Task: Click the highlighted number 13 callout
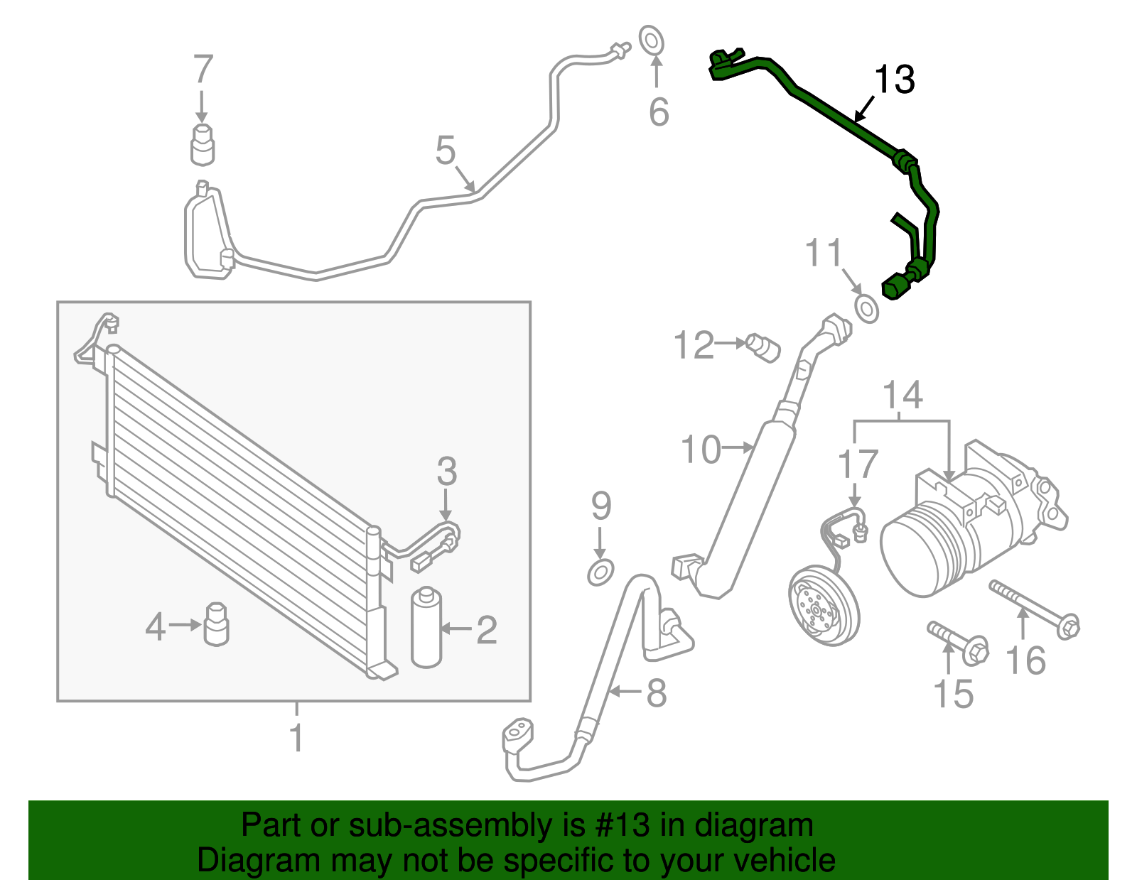click(894, 80)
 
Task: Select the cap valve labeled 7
click(203, 143)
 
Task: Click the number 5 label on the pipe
click(446, 151)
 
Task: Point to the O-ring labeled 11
click(866, 310)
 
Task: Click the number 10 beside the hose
click(701, 450)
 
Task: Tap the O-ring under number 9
click(600, 572)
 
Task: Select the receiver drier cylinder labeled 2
click(426, 627)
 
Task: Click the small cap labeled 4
click(216, 624)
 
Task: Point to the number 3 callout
click(446, 471)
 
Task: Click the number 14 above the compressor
click(902, 395)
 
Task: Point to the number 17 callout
click(858, 464)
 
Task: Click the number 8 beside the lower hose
click(656, 692)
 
